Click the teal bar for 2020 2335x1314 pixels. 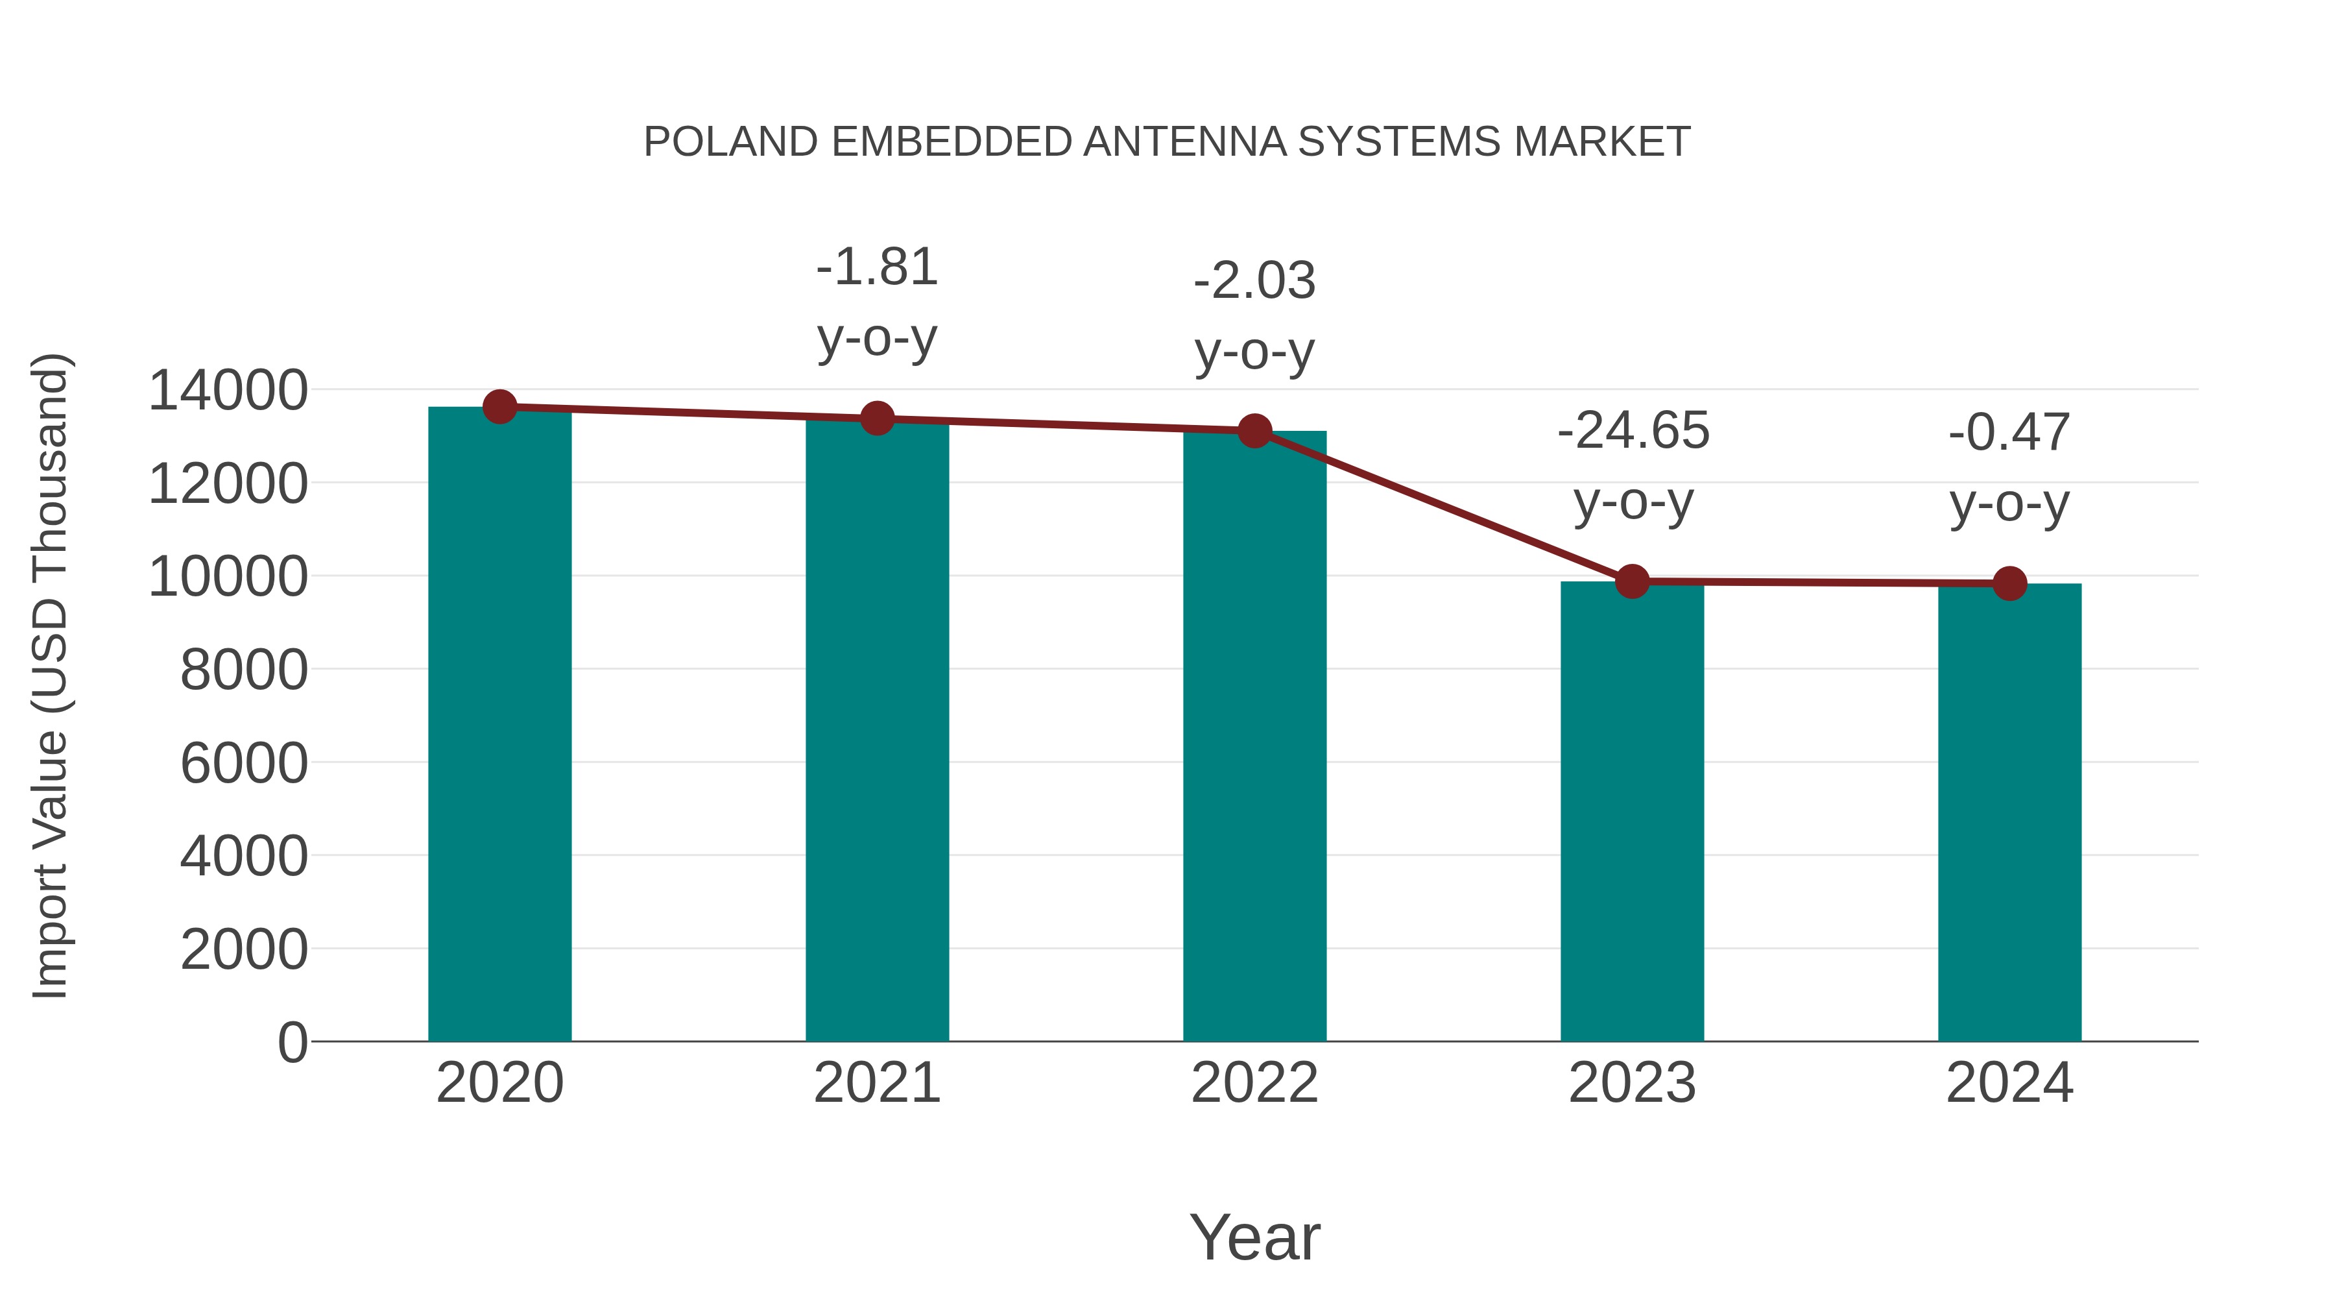point(499,725)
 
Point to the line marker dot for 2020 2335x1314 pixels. point(499,407)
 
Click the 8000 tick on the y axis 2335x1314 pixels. point(244,670)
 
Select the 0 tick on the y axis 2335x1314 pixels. point(293,1042)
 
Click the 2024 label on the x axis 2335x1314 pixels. point(2009,1083)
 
